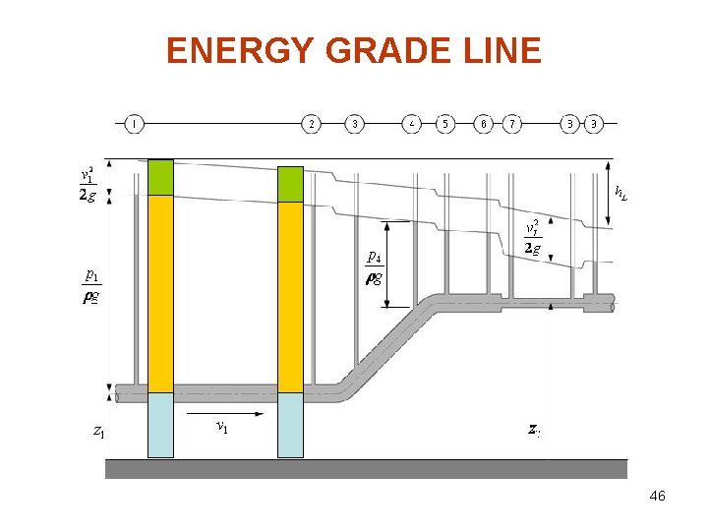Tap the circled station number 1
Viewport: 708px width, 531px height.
point(134,124)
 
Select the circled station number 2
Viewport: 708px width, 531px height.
point(312,124)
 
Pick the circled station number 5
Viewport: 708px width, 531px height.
point(445,124)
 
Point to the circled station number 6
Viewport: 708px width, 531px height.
point(484,124)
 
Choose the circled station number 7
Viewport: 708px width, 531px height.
point(512,124)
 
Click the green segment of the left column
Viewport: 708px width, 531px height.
point(160,177)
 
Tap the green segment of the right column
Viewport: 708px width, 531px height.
point(290,184)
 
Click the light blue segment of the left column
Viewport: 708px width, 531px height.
point(160,425)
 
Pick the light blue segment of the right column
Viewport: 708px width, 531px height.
point(290,425)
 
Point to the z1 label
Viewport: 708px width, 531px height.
point(98,431)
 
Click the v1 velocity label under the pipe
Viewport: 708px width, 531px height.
point(222,427)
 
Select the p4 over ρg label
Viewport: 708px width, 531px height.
point(375,265)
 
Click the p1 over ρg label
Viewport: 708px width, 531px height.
point(90,285)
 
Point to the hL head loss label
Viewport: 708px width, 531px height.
point(620,192)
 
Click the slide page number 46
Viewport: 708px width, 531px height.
point(658,497)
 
